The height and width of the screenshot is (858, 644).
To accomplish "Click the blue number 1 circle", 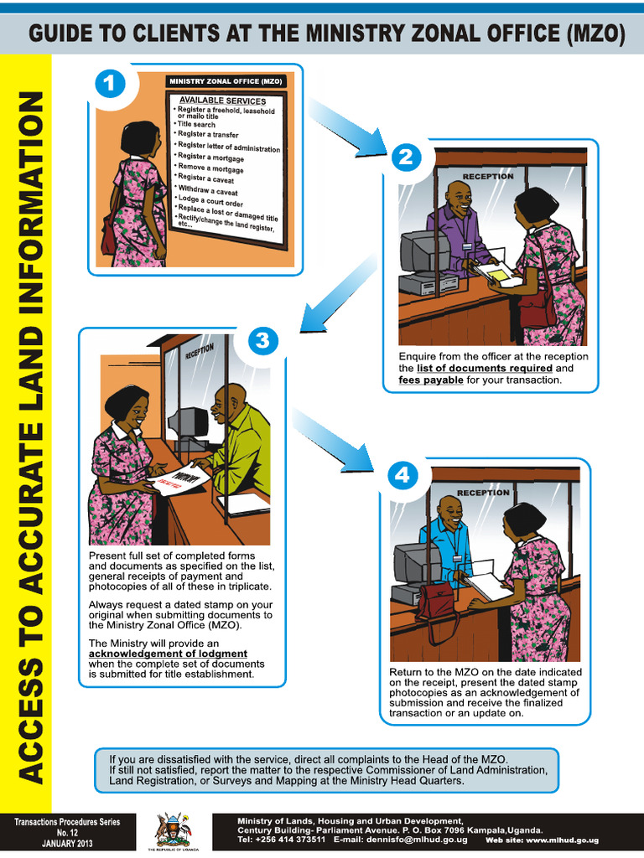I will click(x=110, y=85).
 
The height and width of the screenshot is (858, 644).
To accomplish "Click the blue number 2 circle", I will click(x=406, y=158).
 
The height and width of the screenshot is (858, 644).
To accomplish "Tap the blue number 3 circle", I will click(x=262, y=341).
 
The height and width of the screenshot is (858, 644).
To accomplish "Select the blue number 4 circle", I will click(x=402, y=476).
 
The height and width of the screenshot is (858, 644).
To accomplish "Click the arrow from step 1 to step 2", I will click(x=344, y=127).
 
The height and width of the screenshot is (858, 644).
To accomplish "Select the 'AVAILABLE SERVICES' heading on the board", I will click(x=223, y=101).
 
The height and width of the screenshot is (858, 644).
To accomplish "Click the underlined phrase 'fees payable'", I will click(x=432, y=380).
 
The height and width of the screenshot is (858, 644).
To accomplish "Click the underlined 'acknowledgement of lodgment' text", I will click(x=168, y=654).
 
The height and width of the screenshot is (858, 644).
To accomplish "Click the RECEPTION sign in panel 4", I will click(x=484, y=493).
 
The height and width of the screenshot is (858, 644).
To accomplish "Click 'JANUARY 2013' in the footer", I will click(x=67, y=843).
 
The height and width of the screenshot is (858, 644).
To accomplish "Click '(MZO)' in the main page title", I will click(x=593, y=34).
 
